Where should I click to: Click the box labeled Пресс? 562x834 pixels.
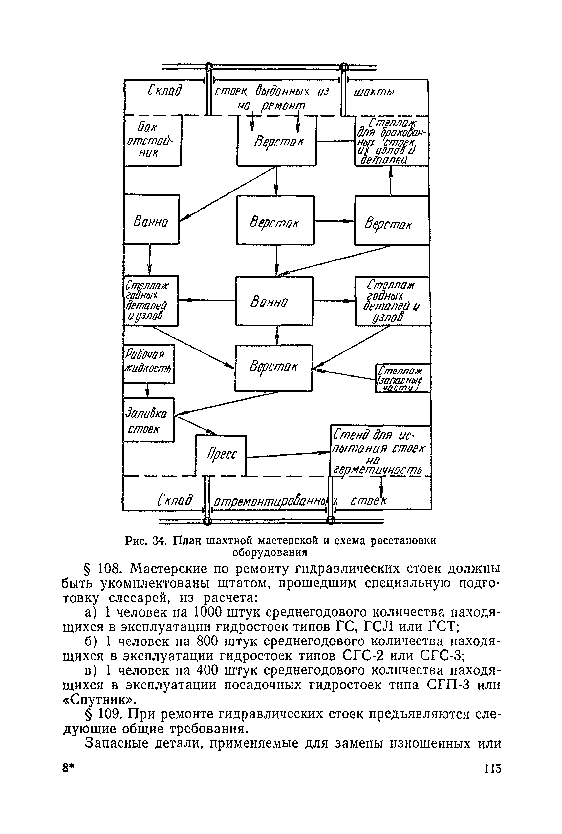pyautogui.click(x=221, y=455)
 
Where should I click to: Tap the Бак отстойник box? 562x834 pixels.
pyautogui.click(x=152, y=141)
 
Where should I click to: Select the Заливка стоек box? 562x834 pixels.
pyautogui.click(x=149, y=419)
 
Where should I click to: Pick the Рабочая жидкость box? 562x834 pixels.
pyautogui.click(x=149, y=364)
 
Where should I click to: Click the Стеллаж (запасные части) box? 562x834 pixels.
pyautogui.click(x=402, y=378)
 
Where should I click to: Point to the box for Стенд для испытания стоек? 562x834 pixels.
pyautogui.click(x=379, y=451)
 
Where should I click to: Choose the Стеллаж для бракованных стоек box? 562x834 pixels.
pyautogui.click(x=391, y=141)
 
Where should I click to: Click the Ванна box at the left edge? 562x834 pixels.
pyautogui.click(x=152, y=219)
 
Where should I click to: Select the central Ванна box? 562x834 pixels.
pyautogui.click(x=274, y=301)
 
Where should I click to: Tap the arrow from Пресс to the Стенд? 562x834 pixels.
pyautogui.click(x=288, y=455)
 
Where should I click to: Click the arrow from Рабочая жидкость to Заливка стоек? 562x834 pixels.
pyautogui.click(x=147, y=391)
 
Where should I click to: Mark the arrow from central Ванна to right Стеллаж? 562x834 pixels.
pyautogui.click(x=334, y=301)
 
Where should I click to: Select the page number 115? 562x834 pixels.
pyautogui.click(x=492, y=769)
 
